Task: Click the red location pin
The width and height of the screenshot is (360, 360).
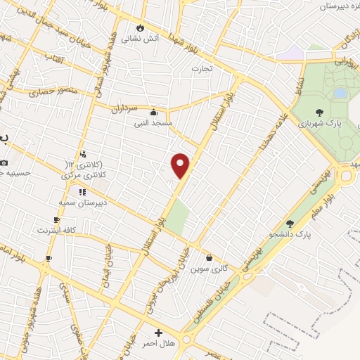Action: click(181, 165)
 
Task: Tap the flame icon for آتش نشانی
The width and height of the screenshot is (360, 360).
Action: click(141, 27)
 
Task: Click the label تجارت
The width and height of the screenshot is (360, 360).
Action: click(202, 69)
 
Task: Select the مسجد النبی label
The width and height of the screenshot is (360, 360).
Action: click(154, 122)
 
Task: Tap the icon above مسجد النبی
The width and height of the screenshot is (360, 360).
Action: click(154, 111)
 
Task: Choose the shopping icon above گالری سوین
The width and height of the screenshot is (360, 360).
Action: click(209, 257)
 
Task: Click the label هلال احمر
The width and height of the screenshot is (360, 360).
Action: click(159, 344)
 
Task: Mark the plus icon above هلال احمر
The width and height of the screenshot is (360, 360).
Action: click(158, 333)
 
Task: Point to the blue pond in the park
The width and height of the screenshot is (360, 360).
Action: click(340, 93)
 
